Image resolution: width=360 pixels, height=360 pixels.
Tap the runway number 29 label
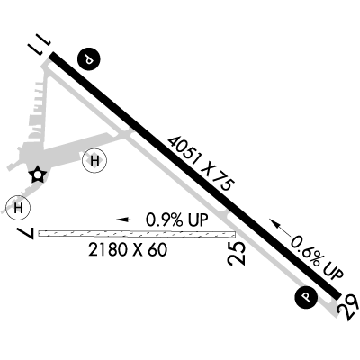pyautogui.click(x=348, y=308)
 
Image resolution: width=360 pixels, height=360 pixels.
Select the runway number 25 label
pyautogui.click(x=237, y=254)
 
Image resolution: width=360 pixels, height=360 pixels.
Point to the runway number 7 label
pyautogui.click(x=28, y=233)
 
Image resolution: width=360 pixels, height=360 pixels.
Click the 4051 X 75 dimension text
pyautogui.click(x=201, y=164)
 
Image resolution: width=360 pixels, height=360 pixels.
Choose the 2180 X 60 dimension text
pyautogui.click(x=128, y=250)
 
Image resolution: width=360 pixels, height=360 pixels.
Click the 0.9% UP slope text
pyautogui.click(x=176, y=220)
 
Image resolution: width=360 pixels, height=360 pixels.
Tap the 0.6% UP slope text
pyautogui.click(x=317, y=257)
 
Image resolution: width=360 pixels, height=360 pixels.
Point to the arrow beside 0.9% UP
pyautogui.click(x=130, y=220)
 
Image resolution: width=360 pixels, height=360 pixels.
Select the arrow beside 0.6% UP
pyautogui.click(x=281, y=229)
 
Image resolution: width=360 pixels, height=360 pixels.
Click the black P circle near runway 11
pyautogui.click(x=88, y=59)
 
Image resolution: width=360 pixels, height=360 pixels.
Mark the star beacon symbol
pyautogui.click(x=38, y=175)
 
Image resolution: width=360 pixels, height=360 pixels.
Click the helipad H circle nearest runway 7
pyautogui.click(x=18, y=207)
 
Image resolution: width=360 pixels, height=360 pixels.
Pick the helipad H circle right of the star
pyautogui.click(x=94, y=161)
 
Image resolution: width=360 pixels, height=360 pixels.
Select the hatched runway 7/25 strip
pyautogui.click(x=137, y=234)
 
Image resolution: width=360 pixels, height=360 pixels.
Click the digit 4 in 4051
pyautogui.click(x=174, y=141)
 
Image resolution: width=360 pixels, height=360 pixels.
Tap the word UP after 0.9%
pyautogui.click(x=197, y=220)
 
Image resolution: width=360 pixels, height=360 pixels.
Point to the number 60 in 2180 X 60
pyautogui.click(x=158, y=250)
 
